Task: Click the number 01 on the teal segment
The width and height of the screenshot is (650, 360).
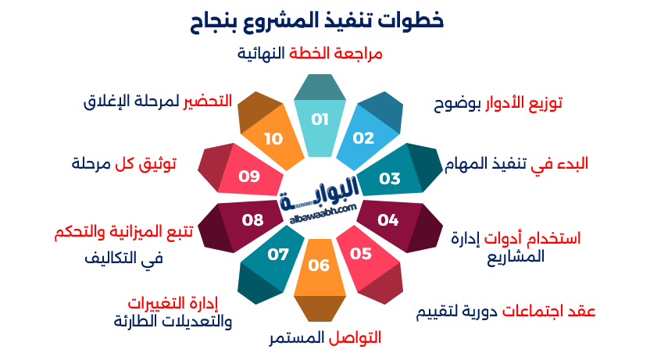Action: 320,119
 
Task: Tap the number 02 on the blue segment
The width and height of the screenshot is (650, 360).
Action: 364,138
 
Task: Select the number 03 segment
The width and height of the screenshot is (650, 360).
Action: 390,178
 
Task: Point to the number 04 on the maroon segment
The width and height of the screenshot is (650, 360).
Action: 388,219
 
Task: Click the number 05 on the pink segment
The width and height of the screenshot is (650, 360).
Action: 360,253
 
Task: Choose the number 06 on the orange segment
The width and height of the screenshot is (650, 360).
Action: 319,265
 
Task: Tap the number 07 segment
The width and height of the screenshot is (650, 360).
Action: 278,255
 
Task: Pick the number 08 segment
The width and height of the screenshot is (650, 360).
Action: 252,219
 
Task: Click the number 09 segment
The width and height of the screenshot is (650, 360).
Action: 249,176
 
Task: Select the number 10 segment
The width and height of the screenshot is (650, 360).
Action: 273,139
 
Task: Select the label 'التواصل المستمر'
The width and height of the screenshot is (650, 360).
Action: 325,338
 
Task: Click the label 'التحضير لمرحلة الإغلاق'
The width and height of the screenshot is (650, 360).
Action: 158,102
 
